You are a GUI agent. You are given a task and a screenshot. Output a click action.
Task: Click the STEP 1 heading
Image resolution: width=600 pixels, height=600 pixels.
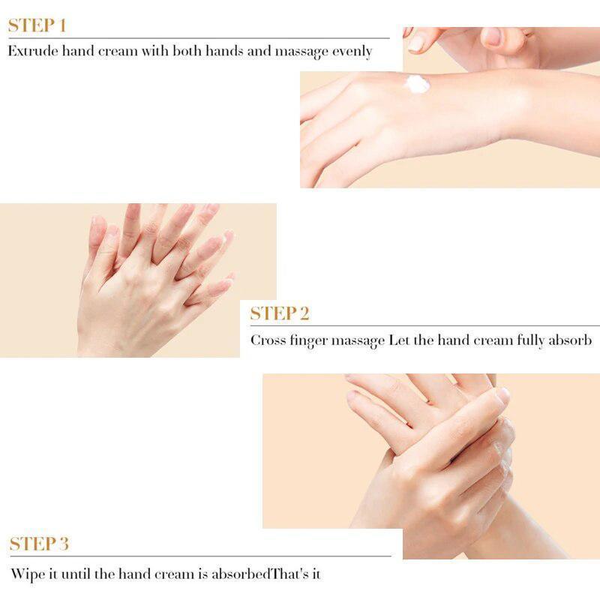pos(37,25)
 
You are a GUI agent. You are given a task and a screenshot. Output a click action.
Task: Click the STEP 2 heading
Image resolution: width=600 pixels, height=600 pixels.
pos(280,313)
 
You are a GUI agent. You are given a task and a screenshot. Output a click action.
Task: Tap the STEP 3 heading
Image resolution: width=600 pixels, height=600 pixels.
pos(39,544)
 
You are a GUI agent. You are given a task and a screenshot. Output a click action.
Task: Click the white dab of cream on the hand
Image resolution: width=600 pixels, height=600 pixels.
pos(417,84)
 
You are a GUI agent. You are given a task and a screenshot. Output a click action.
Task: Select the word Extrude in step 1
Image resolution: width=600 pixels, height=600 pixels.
pos(32,52)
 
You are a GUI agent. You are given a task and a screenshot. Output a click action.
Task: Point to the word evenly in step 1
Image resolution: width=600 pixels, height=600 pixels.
pos(352,52)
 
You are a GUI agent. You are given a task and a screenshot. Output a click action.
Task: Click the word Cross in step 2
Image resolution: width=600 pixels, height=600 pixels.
pos(268,340)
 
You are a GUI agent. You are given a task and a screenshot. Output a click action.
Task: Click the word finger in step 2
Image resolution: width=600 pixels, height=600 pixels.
pos(313,340)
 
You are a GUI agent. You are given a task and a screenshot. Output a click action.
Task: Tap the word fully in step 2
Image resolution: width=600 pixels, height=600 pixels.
pos(529,340)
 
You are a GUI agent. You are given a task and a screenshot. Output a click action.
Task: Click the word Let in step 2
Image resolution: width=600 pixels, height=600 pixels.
pos(398,340)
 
